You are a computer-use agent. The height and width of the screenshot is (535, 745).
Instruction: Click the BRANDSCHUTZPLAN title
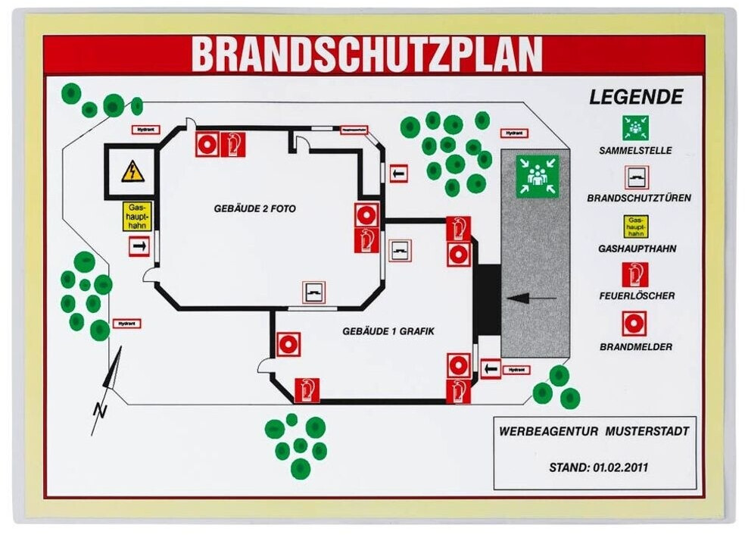[x=366, y=54]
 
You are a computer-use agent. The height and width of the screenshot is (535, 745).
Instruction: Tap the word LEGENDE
[x=636, y=97]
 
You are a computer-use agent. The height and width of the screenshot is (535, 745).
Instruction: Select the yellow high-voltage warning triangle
[x=132, y=172]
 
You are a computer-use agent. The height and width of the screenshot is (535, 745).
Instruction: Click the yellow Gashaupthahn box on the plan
[x=138, y=217]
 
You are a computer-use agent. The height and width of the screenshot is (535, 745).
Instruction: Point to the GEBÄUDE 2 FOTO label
[x=254, y=208]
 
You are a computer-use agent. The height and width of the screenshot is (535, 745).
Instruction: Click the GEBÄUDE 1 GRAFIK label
[x=388, y=331]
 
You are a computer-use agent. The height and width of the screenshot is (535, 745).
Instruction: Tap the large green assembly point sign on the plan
[x=538, y=177]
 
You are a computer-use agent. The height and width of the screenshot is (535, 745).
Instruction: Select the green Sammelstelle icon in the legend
[x=635, y=128]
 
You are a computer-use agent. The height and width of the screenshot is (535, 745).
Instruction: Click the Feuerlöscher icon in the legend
[x=635, y=274]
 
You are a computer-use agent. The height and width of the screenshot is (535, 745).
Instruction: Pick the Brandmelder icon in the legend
[x=635, y=324]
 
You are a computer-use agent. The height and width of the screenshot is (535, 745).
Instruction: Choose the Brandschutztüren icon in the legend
[x=635, y=177]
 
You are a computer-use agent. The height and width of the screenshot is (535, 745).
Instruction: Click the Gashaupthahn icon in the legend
[x=635, y=226]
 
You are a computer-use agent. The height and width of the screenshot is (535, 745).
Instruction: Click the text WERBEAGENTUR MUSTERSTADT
[x=594, y=431]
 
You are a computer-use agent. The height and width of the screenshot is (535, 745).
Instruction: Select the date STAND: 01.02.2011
[x=594, y=468]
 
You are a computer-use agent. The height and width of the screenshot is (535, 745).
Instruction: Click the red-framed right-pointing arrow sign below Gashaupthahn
[x=139, y=246]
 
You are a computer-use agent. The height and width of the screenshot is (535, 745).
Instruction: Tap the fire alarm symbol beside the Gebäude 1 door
[x=288, y=345]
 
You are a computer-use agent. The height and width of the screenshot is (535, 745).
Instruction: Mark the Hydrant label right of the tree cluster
[x=514, y=133]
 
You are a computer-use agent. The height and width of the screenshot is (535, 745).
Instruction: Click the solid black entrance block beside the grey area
[x=488, y=299]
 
